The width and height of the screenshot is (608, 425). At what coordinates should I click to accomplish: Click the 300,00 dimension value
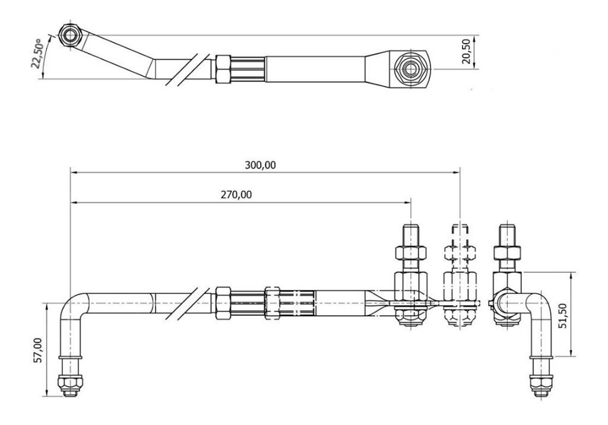260,165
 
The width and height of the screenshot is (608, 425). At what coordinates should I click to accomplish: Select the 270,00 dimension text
236,194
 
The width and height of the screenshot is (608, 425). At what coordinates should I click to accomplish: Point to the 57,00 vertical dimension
37,350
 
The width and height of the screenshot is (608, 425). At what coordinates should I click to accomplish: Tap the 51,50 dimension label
563,316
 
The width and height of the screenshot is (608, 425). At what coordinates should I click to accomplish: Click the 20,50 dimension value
467,51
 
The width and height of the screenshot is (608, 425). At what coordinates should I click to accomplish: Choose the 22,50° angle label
37,53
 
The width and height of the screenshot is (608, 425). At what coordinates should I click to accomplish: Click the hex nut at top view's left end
70,35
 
